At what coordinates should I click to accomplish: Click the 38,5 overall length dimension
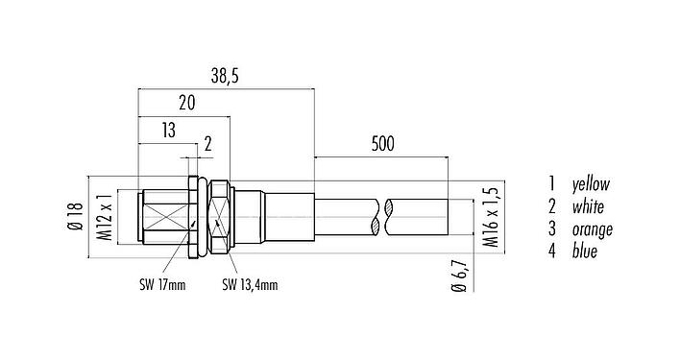(x=227, y=74)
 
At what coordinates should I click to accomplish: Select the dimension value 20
(x=187, y=103)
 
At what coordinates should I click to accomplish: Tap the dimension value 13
(x=168, y=131)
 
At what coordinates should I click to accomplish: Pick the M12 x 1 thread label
(x=108, y=219)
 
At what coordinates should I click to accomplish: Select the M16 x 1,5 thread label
(x=490, y=218)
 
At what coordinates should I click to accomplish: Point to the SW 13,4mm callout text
(x=250, y=284)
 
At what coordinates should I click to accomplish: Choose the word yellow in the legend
(x=591, y=183)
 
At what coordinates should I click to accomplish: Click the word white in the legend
(x=588, y=206)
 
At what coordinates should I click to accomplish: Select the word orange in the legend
(x=592, y=229)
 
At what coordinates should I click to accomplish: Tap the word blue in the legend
(x=584, y=252)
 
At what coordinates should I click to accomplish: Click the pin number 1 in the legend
(x=552, y=183)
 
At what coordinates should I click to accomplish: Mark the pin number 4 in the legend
(x=552, y=252)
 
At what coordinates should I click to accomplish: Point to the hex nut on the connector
(x=220, y=218)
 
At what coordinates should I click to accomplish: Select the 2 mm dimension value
(x=206, y=147)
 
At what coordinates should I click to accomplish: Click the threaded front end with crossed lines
(x=165, y=218)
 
